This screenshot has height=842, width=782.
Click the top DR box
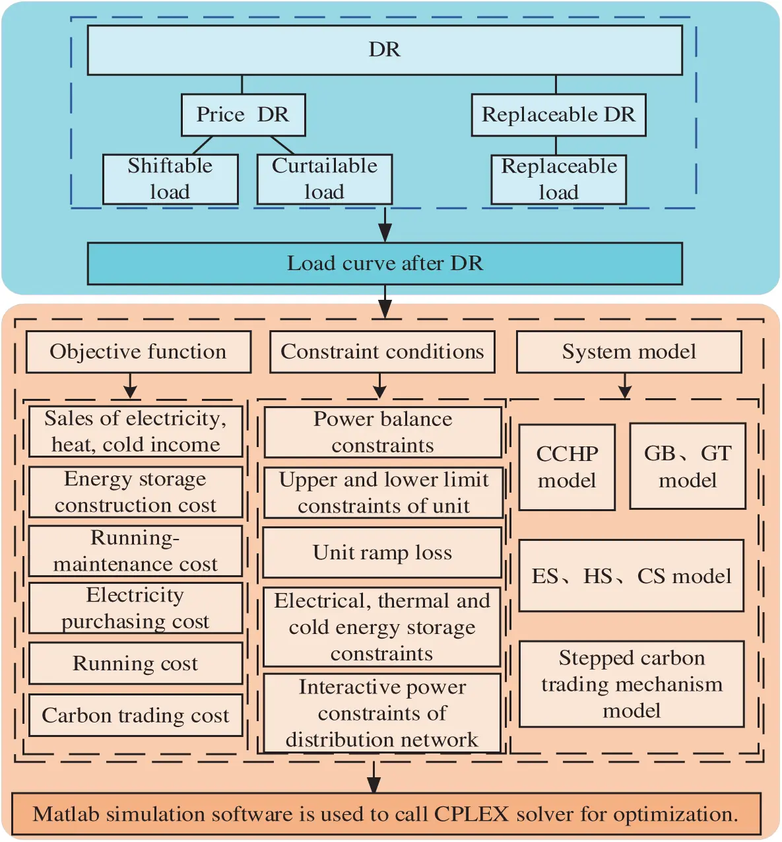(385, 50)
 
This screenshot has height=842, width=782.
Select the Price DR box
(243, 115)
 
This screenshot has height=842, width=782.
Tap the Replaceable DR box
(558, 115)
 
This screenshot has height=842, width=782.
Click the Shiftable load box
(170, 179)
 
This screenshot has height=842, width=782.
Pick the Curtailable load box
(324, 179)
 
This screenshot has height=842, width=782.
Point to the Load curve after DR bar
(385, 263)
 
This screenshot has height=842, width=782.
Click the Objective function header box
(138, 352)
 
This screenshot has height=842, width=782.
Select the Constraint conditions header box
(382, 352)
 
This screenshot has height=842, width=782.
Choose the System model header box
(629, 352)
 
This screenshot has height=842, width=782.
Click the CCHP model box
(567, 467)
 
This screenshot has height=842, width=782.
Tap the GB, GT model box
(688, 466)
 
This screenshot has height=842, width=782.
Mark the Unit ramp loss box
(382, 553)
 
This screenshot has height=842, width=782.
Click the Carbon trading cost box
(135, 715)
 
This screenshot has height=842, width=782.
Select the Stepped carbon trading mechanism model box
(632, 684)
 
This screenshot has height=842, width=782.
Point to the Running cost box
(135, 663)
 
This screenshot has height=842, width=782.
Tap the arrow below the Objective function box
(130, 386)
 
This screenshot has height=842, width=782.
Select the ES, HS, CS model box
(631, 576)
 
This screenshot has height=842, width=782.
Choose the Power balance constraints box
(383, 433)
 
